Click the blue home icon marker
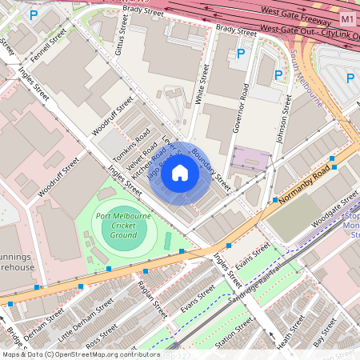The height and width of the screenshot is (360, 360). click(180, 173)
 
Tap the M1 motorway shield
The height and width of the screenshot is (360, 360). click(346, 18)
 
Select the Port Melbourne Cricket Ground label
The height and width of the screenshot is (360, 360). click(124, 226)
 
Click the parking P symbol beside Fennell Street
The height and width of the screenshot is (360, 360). click(33, 14)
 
